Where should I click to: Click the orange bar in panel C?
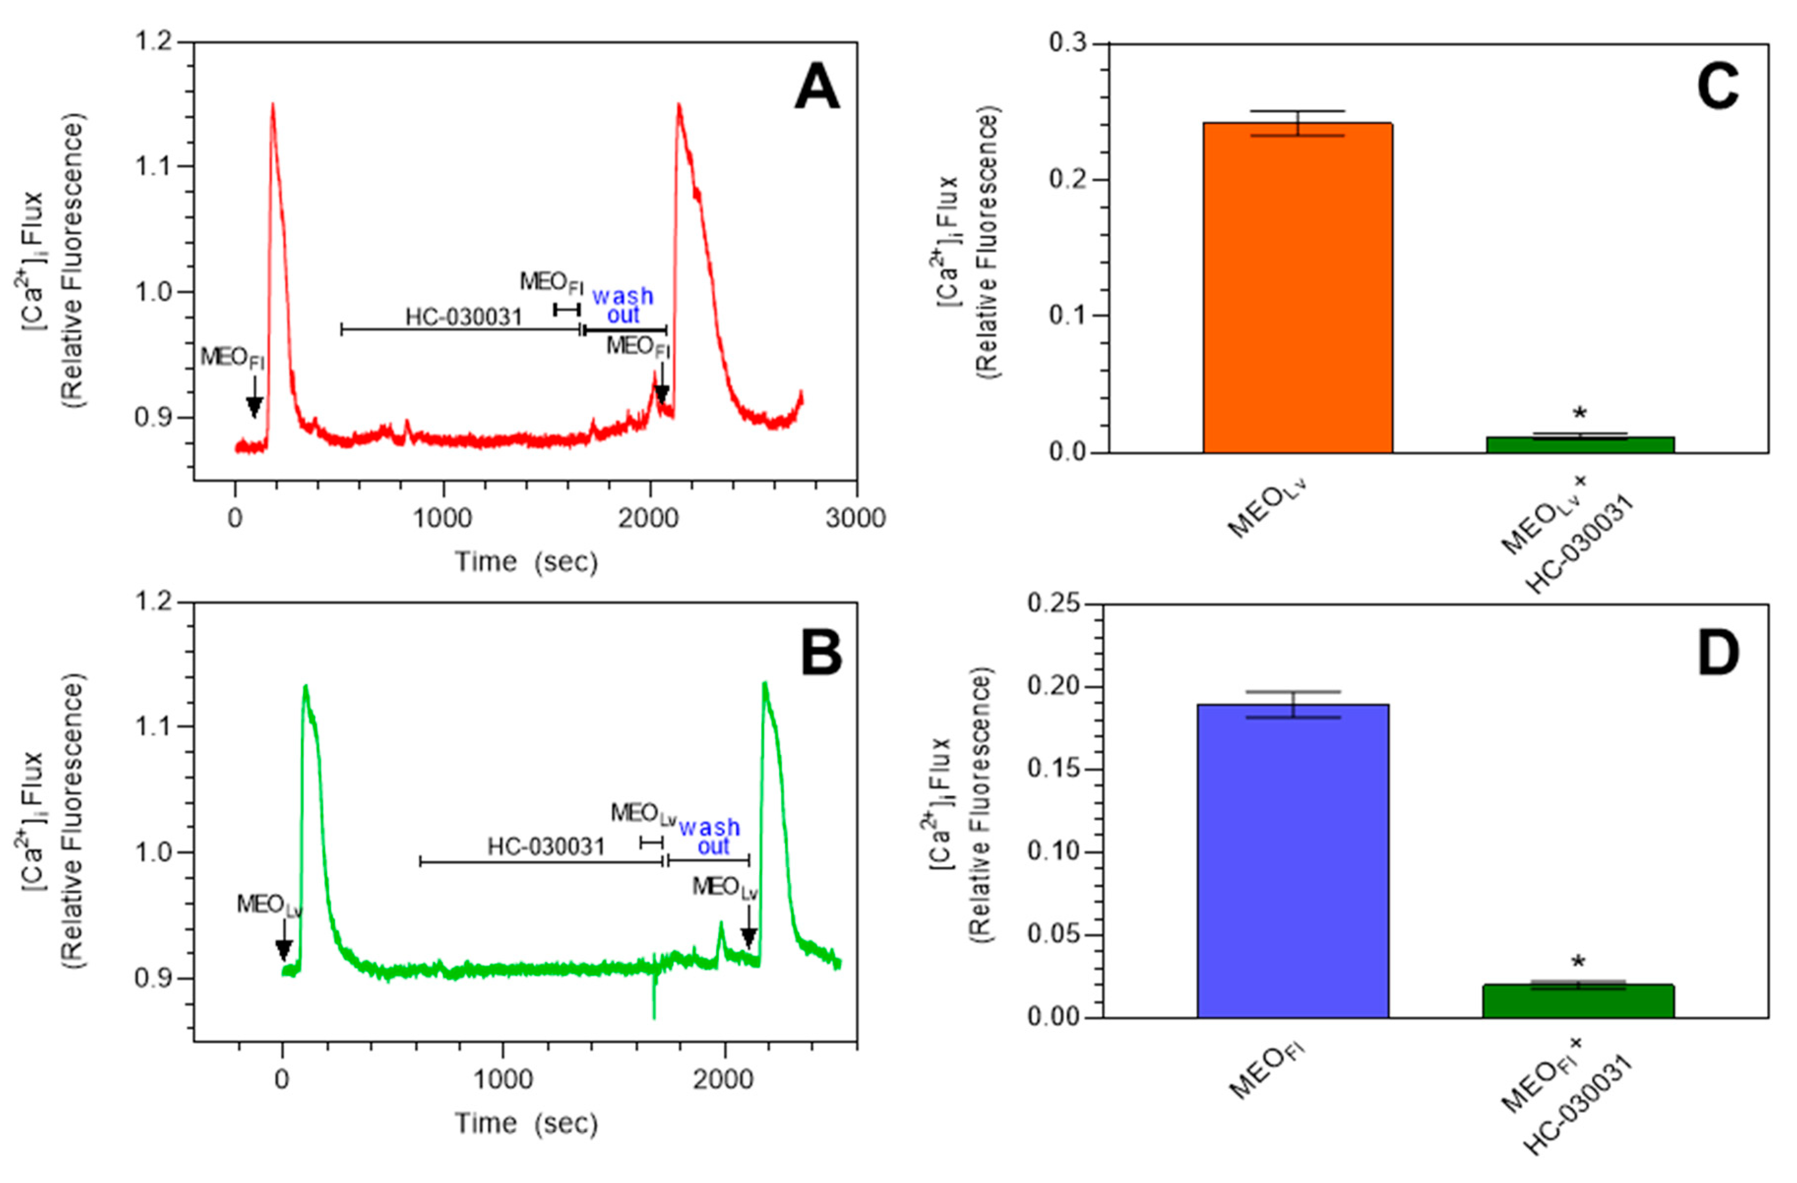(x=1297, y=287)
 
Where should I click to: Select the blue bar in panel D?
(x=1293, y=861)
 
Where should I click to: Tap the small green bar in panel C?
(x=1580, y=445)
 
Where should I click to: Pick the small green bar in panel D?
(x=1578, y=1001)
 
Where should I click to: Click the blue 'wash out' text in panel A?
(x=623, y=305)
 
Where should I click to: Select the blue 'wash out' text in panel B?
(x=710, y=837)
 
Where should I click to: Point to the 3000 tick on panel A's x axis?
(x=855, y=518)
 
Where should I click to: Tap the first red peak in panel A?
(x=272, y=106)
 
